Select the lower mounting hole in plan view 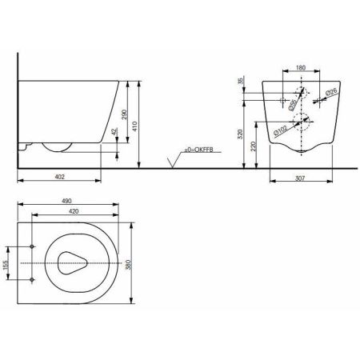tap(31, 279)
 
